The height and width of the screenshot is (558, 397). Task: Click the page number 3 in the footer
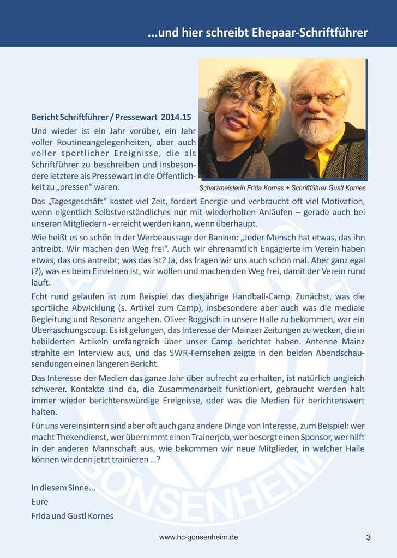coord(369,537)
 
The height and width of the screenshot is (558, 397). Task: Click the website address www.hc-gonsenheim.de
coord(198,537)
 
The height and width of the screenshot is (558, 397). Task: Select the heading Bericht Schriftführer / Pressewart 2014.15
coord(111,117)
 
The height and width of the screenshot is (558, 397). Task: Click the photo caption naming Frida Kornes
coord(282,188)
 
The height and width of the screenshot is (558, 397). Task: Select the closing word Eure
coord(40,501)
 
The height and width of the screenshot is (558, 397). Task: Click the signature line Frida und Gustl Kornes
coord(73,515)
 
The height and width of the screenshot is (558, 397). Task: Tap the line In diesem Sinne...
coord(63,488)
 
